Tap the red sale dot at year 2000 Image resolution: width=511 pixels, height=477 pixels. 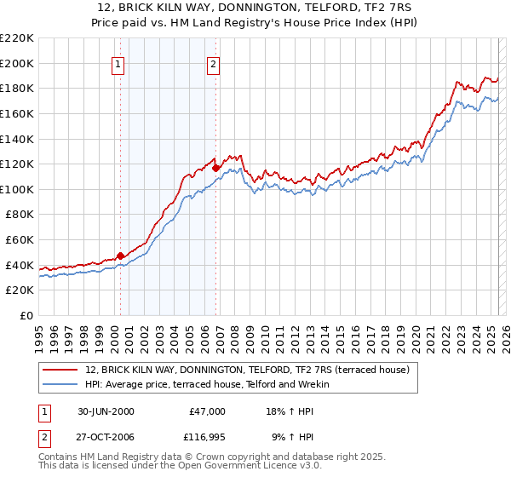click(x=121, y=255)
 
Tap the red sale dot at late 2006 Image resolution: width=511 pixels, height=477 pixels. click(x=216, y=169)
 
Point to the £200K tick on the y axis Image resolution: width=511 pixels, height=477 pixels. click(x=18, y=63)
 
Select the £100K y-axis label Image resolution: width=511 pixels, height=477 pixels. click(x=18, y=189)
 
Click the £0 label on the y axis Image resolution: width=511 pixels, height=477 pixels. click(x=26, y=315)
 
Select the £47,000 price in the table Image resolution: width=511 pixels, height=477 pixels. click(x=205, y=411)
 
